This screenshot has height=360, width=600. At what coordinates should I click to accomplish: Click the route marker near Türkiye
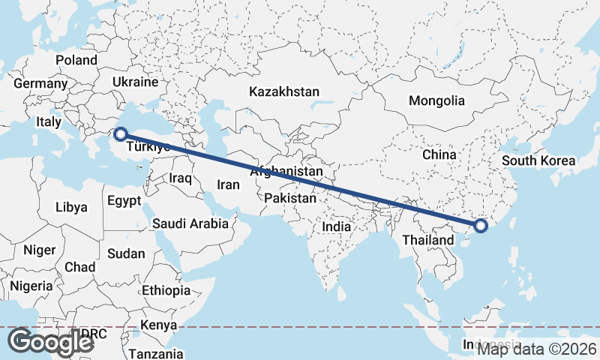click(119, 134)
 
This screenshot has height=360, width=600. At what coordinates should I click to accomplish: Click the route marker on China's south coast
click(481, 225)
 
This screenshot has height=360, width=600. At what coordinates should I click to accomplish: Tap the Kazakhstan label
click(285, 91)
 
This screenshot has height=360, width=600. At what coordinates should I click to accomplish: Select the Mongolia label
click(436, 100)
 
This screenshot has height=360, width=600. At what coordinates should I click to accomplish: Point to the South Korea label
click(538, 160)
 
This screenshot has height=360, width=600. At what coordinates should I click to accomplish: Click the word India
click(337, 226)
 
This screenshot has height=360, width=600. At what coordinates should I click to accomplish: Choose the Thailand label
click(427, 240)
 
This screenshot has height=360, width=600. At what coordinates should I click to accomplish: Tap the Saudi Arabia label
click(190, 223)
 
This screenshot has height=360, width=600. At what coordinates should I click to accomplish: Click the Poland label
click(76, 60)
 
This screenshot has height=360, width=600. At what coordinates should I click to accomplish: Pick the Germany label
click(40, 83)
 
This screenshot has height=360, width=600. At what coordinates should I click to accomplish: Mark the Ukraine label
click(135, 82)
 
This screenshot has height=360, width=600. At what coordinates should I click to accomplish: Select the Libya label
click(71, 206)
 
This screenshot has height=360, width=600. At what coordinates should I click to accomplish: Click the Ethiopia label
click(166, 290)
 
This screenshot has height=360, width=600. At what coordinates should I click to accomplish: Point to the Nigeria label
click(31, 286)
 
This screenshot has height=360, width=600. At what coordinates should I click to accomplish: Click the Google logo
click(50, 342)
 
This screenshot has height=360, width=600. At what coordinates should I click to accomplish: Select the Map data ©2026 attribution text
click(537, 348)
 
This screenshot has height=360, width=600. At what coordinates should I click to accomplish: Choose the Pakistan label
click(290, 199)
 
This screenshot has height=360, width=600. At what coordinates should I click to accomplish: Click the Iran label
click(228, 184)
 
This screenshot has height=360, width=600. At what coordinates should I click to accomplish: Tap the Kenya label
click(159, 325)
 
